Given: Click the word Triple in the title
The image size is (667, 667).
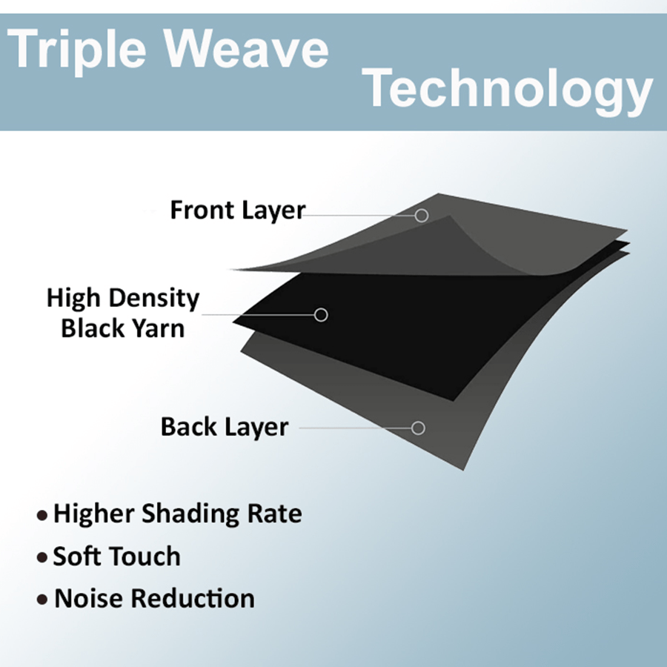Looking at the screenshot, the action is pyautogui.click(x=76, y=51).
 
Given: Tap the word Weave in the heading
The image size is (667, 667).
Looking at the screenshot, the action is pyautogui.click(x=247, y=47).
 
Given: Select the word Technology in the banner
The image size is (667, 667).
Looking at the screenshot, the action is pyautogui.click(x=508, y=90).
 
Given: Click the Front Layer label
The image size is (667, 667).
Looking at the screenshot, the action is pyautogui.click(x=238, y=210).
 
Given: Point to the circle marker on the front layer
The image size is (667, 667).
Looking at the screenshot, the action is pyautogui.click(x=422, y=215).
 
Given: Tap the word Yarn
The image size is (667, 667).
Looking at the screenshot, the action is pyautogui.click(x=159, y=328).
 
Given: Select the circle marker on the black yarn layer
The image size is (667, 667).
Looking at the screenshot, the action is pyautogui.click(x=321, y=315).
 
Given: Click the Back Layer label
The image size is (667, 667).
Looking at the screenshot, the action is pyautogui.click(x=225, y=427).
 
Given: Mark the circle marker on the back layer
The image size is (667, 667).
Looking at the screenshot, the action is pyautogui.click(x=418, y=428).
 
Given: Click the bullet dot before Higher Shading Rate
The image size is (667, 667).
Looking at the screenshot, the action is pyautogui.click(x=42, y=516).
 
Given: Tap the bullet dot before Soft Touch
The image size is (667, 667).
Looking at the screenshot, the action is pyautogui.click(x=42, y=557).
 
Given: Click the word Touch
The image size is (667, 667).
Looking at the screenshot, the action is pyautogui.click(x=146, y=556).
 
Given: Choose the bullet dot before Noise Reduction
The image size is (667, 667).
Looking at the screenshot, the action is pyautogui.click(x=42, y=600).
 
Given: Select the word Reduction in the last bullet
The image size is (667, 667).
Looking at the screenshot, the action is pyautogui.click(x=193, y=598).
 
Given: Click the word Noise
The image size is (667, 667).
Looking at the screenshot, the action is pyautogui.click(x=90, y=598).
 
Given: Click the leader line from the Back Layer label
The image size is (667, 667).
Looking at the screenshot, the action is pyautogui.click(x=356, y=428).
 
